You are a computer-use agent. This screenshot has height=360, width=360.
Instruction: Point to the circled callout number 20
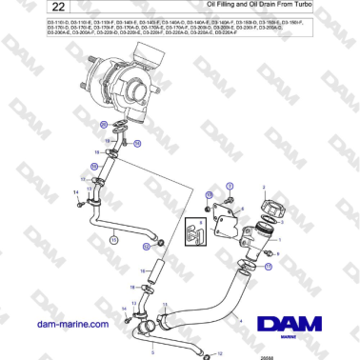(103, 126)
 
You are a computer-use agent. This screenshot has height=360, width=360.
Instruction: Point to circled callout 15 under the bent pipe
(113, 242)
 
